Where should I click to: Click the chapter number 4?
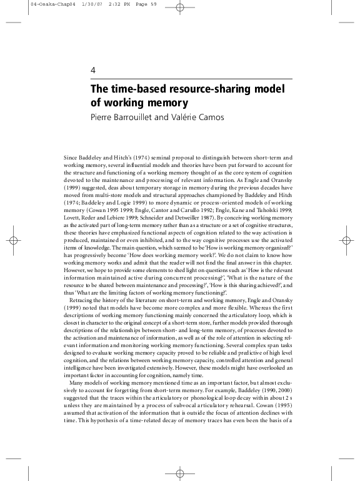coord(93,70)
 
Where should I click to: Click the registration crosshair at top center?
coord(179,8)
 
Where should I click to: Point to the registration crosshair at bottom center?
coord(179,473)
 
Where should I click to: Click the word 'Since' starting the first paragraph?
coord(72,157)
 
